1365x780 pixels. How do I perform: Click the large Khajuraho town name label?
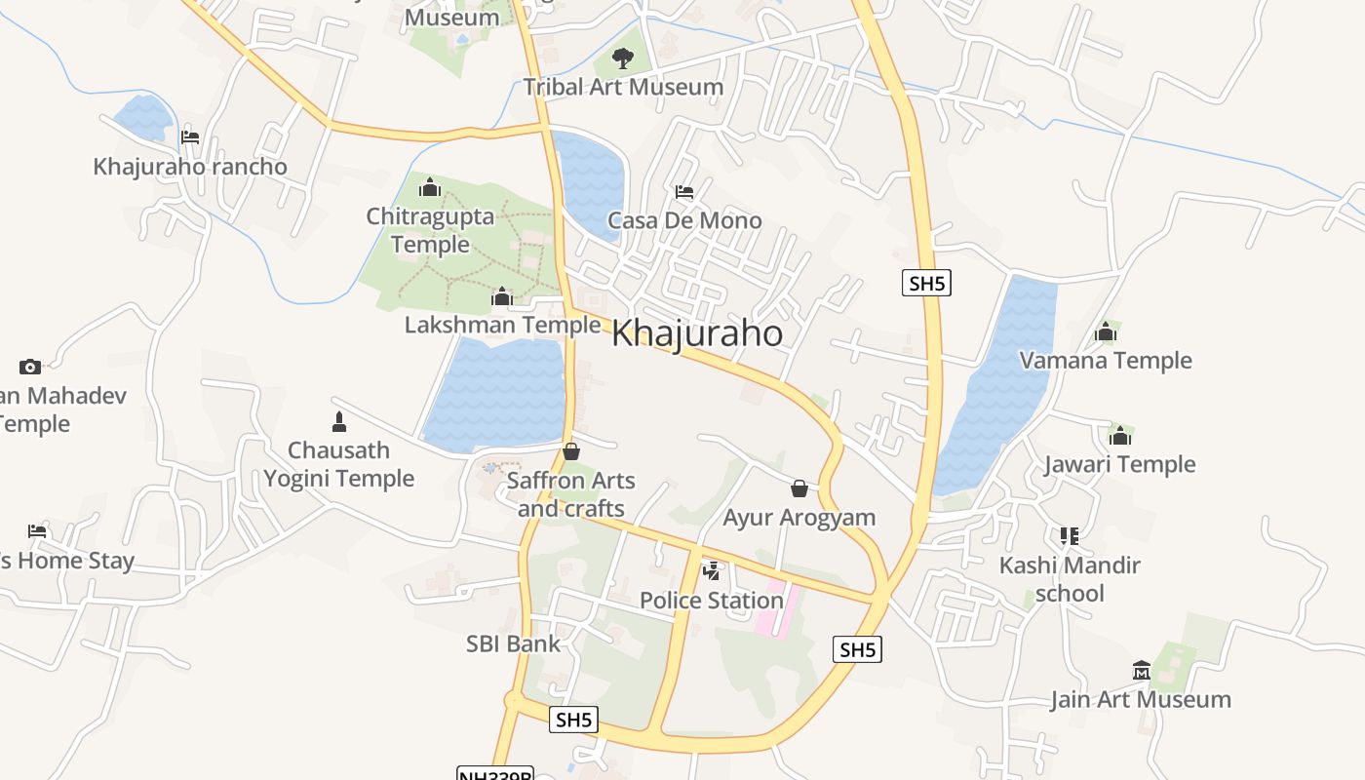pyautogui.click(x=696, y=334)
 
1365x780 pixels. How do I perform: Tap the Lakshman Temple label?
pyautogui.click(x=502, y=325)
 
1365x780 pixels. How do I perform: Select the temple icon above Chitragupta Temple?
pyautogui.click(x=430, y=188)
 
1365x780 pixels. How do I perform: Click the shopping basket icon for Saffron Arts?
pyautogui.click(x=571, y=451)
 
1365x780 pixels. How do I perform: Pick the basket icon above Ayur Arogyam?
pyautogui.click(x=799, y=487)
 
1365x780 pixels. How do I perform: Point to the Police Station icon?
pyautogui.click(x=713, y=571)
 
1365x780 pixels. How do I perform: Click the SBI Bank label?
pyautogui.click(x=513, y=643)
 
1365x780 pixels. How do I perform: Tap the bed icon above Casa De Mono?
pyautogui.click(x=684, y=192)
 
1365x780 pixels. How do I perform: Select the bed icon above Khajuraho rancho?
pyautogui.click(x=190, y=137)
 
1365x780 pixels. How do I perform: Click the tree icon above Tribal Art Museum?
pyautogui.click(x=622, y=58)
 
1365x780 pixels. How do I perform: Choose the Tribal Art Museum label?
pyautogui.click(x=623, y=87)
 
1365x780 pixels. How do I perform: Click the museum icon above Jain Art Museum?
pyautogui.click(x=1141, y=670)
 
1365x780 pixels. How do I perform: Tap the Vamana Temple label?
pyautogui.click(x=1106, y=361)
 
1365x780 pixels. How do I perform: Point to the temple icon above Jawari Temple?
pyautogui.click(x=1120, y=435)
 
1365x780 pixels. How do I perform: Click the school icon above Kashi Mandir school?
pyautogui.click(x=1070, y=536)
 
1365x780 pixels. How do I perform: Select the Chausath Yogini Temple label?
pyautogui.click(x=338, y=464)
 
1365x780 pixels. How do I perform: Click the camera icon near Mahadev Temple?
pyautogui.click(x=30, y=367)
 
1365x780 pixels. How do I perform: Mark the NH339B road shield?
pyautogui.click(x=495, y=774)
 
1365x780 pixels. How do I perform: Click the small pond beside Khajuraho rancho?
pyautogui.click(x=143, y=117)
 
